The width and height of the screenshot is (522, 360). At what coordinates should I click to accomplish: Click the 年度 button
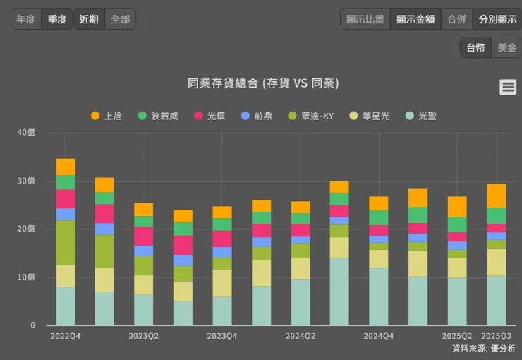click(26, 19)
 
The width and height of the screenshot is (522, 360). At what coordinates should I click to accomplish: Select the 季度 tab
click(57, 19)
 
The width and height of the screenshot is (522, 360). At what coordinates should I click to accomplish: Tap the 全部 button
click(120, 19)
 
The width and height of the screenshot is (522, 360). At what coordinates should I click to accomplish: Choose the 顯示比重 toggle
click(365, 19)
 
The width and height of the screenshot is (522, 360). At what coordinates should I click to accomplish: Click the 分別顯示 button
click(497, 19)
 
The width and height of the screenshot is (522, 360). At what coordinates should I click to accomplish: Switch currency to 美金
click(506, 47)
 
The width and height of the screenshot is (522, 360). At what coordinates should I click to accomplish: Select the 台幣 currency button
click(475, 47)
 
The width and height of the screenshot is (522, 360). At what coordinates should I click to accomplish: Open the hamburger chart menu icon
click(508, 87)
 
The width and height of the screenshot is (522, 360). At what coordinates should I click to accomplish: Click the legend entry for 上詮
click(107, 116)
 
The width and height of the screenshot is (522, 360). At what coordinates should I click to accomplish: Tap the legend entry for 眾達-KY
click(310, 116)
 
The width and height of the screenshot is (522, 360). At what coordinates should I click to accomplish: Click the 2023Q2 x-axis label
click(144, 336)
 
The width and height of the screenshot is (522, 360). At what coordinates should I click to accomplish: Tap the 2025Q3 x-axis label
click(496, 336)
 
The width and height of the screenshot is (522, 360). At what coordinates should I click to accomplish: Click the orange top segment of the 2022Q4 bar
click(66, 167)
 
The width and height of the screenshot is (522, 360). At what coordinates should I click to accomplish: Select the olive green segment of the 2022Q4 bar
click(66, 242)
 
